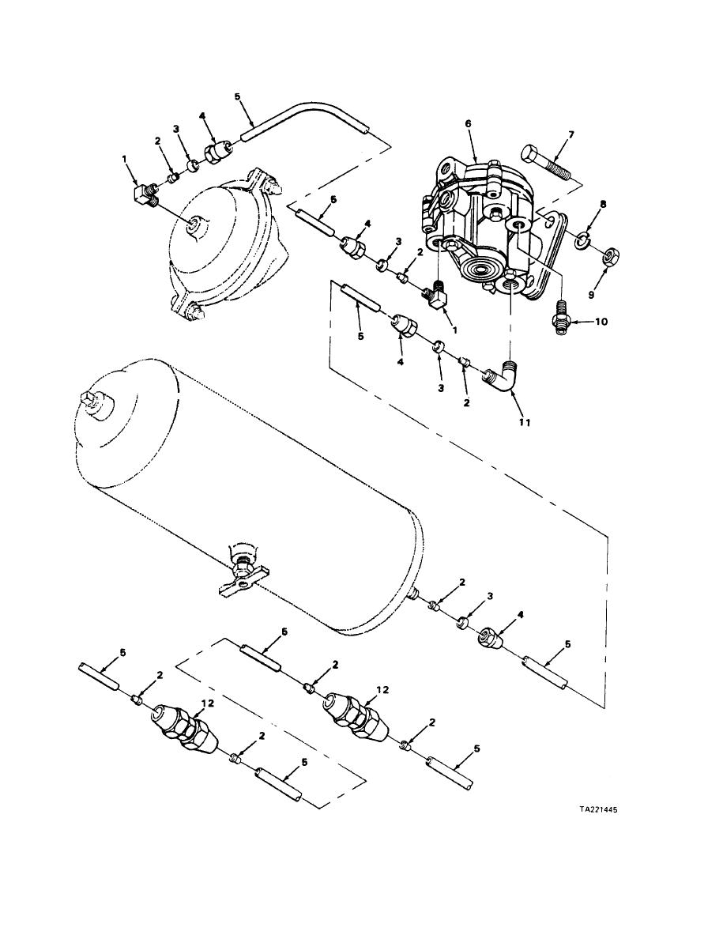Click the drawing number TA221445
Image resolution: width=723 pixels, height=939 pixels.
[597, 809]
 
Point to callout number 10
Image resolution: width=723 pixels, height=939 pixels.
[601, 322]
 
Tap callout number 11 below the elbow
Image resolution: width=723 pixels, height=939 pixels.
[525, 422]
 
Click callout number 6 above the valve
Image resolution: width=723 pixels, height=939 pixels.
[468, 123]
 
